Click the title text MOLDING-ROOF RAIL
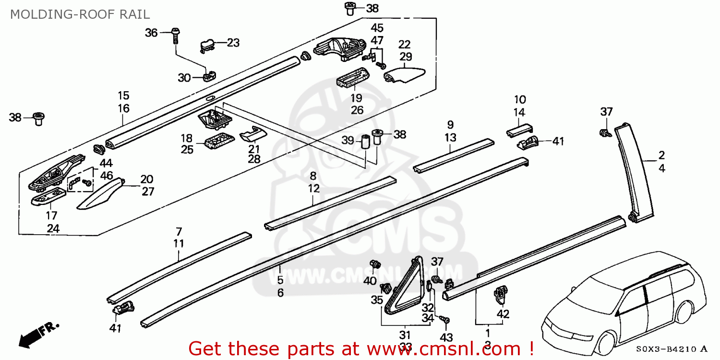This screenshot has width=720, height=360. [x=80, y=14]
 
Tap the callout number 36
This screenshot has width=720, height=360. [x=151, y=33]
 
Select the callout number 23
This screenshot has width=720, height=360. [x=233, y=43]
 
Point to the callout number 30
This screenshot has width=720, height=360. [x=184, y=78]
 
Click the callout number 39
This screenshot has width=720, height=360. [x=348, y=141]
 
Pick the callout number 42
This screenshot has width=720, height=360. [x=503, y=314]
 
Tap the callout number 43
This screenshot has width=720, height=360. [x=446, y=337]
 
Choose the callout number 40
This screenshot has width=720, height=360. [x=370, y=281]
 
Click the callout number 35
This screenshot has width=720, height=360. [x=377, y=300]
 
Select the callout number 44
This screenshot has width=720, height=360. [x=106, y=163]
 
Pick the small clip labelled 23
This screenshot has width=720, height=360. [x=207, y=45]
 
